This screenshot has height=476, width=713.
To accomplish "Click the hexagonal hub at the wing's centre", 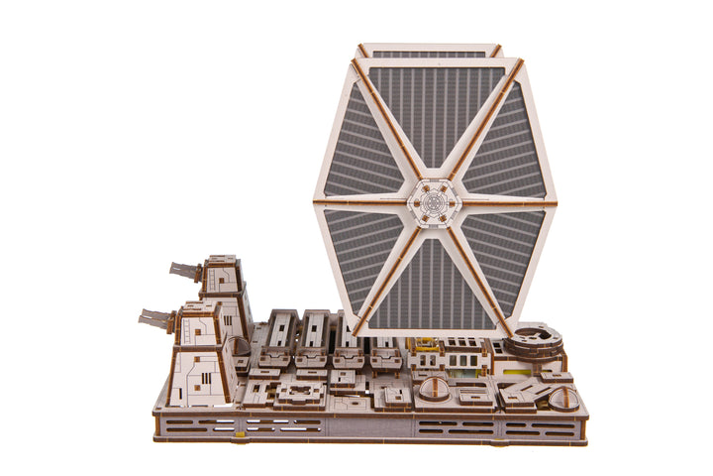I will coord(433,202).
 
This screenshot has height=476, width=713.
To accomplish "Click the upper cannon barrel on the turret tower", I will coord(185,270).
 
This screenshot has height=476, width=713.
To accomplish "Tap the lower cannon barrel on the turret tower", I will coord(157,319).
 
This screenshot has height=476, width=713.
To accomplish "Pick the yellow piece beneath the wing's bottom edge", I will coord(426,345).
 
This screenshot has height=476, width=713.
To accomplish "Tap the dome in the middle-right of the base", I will coord(433,388).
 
